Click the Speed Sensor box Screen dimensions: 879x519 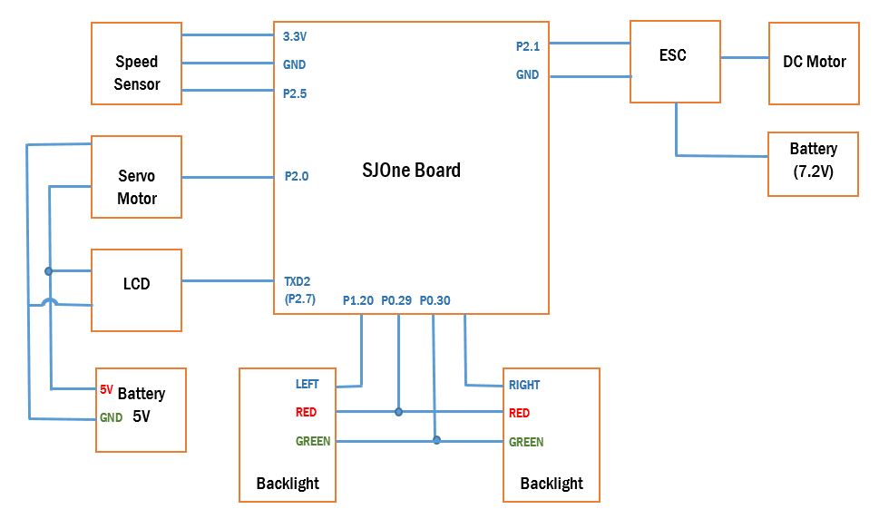pos(136,64)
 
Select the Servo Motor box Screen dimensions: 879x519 pos(136,177)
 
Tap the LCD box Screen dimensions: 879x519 pos(136,290)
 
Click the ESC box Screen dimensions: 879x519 pos(675,62)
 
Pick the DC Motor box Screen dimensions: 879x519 pos(814,64)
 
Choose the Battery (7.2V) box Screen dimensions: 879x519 pos(813,164)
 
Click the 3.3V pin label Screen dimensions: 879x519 pos(294,36)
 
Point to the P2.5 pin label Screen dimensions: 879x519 pos(295,93)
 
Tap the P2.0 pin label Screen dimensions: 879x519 pos(297,177)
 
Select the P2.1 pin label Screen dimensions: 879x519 pos(528,46)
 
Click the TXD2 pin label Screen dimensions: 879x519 pos(298,281)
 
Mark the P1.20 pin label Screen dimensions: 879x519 pos(358,300)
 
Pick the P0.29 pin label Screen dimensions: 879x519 pos(396,300)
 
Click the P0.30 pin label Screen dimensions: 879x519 pos(435,300)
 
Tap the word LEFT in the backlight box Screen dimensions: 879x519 pos(308,384)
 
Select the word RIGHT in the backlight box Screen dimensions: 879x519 pos(524,385)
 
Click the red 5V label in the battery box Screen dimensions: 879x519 pos(106,389)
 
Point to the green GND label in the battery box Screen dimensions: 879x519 pos(111,417)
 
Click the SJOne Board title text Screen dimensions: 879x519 pos(412,170)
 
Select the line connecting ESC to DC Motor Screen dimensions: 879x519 pos(745,57)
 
